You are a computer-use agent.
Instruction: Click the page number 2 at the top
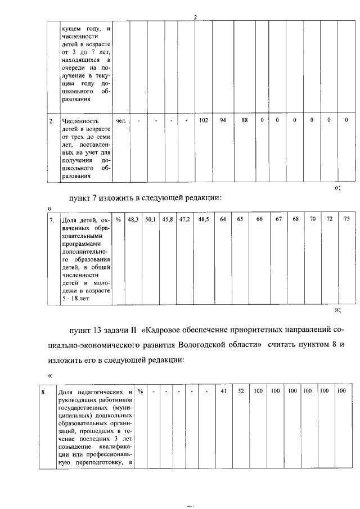pos(195,17)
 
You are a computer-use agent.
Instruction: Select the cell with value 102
pos(204,120)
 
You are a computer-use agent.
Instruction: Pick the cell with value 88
pos(245,120)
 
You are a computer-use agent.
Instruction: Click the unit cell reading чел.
pos(120,120)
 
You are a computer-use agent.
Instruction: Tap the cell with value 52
pos(240,391)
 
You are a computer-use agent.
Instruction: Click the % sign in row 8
pos(140,391)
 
